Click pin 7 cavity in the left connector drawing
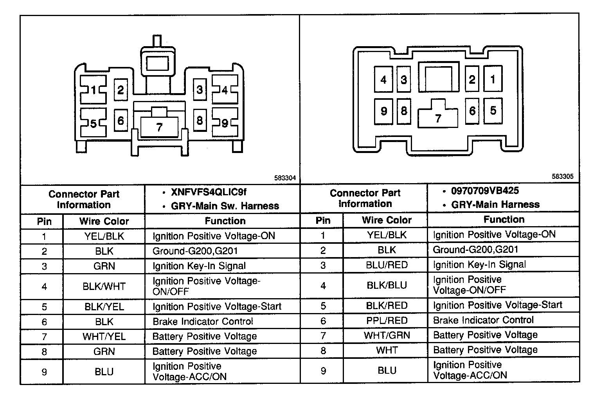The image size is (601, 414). point(159,127)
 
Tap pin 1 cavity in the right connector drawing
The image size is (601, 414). point(493,79)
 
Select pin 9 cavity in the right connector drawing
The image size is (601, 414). point(383,111)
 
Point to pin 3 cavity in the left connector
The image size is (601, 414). point(200,90)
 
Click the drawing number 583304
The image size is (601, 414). point(285,178)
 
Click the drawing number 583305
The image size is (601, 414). point(563,176)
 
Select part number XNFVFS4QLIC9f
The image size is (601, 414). point(209,192)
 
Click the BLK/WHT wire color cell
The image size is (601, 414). point(104,286)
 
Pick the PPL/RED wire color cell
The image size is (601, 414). point(387,320)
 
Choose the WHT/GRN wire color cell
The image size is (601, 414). point(387,335)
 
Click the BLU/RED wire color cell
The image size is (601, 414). point(387,265)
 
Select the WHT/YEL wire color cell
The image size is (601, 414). point(104,337)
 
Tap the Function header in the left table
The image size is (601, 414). point(225,221)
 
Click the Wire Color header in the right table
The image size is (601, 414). point(387,220)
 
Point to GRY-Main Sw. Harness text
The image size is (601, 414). point(225,206)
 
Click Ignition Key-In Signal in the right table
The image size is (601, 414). point(479,265)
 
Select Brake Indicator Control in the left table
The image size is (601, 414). point(203,322)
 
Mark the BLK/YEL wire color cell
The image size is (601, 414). point(104,307)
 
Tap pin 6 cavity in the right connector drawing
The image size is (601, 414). point(472,111)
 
